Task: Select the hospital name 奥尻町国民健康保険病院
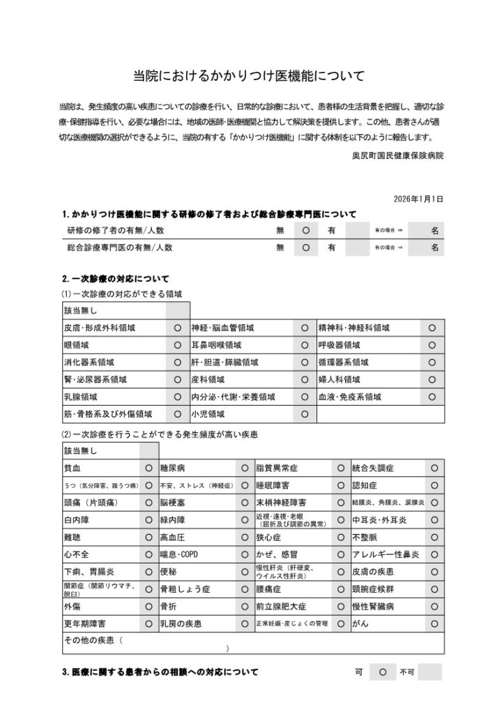397,156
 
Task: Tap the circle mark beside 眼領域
177,344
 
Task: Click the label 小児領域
208,413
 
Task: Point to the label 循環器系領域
339,362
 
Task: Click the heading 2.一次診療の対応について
116,278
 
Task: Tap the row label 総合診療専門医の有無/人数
119,247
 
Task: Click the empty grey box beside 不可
429,673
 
